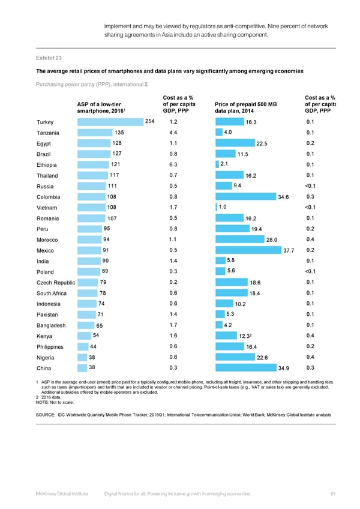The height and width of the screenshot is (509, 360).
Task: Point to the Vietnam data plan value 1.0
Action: [x=223, y=207]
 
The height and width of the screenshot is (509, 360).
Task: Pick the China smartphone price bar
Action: [x=82, y=367]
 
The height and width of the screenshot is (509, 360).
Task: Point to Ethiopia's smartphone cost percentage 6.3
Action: [x=173, y=164]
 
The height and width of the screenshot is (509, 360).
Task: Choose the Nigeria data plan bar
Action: [x=236, y=357]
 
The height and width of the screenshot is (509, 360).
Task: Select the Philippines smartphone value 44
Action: [x=93, y=346]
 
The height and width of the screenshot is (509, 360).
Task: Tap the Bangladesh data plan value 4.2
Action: [x=227, y=325]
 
